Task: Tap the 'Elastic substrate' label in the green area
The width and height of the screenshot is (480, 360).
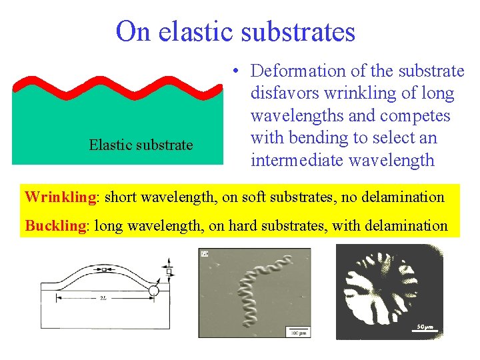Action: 141,145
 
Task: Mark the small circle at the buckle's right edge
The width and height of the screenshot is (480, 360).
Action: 154,291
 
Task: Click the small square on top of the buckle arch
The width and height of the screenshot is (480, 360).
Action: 104,269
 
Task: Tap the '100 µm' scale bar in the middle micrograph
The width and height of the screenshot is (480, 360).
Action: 297,331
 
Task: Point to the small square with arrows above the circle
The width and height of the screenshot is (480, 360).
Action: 169,271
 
